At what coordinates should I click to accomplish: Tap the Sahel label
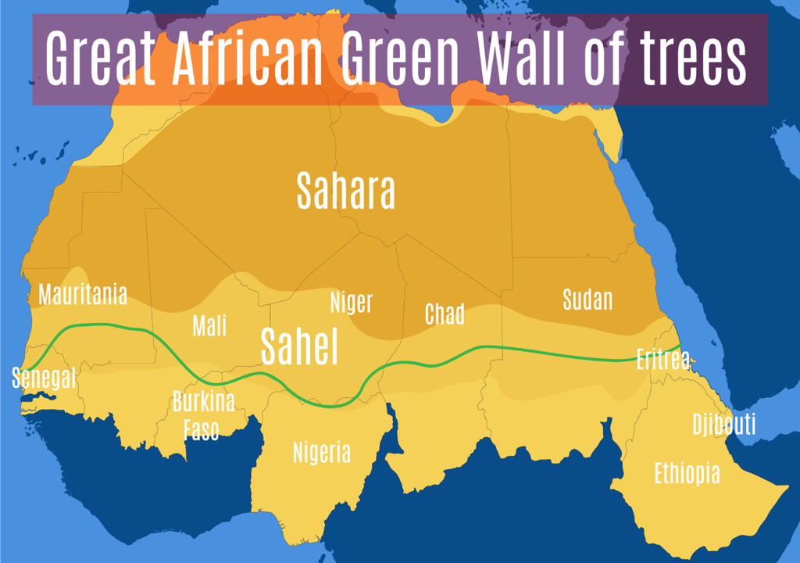[x=299, y=346]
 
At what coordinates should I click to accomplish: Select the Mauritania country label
[x=82, y=295]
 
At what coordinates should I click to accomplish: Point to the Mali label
[x=209, y=325]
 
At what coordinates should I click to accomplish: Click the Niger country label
[x=351, y=302]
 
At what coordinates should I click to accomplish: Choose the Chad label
[x=445, y=314]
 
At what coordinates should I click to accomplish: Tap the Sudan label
[x=587, y=299]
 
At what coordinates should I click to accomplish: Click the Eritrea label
[x=662, y=360]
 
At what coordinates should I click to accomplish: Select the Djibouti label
[x=723, y=425]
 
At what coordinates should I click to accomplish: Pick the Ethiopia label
[x=687, y=473]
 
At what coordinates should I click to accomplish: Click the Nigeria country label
[x=322, y=452]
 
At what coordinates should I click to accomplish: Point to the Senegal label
[x=44, y=378]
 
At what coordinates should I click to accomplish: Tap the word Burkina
[x=203, y=402]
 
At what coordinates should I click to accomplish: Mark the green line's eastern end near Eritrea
[x=680, y=346]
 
